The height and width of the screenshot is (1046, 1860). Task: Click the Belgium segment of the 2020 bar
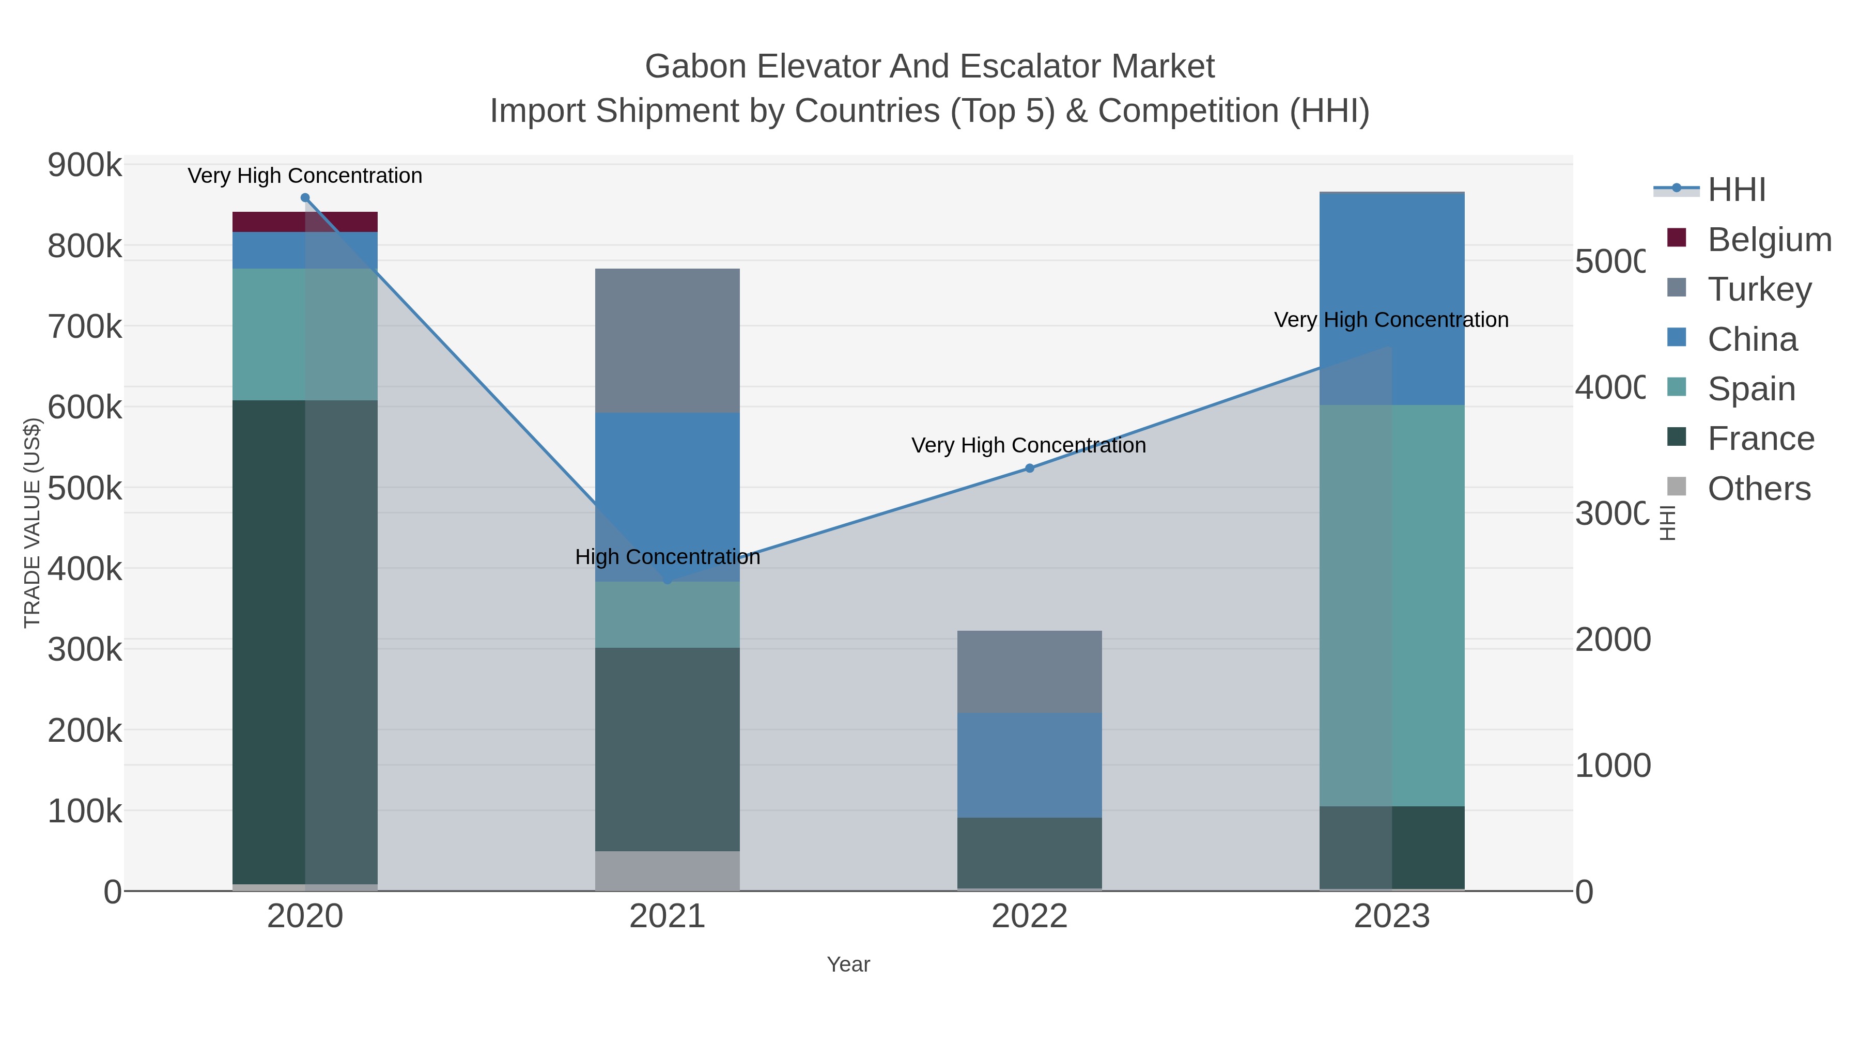coord(305,222)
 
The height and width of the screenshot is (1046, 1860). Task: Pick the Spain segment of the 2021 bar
coord(667,614)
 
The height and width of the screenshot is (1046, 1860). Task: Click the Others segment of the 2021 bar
coord(667,870)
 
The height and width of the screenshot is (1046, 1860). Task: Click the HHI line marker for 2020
coord(305,198)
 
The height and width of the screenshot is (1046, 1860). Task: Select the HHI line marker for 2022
coord(1030,469)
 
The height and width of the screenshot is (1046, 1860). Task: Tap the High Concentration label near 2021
coord(667,557)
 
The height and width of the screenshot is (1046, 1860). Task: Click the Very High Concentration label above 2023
coord(1391,320)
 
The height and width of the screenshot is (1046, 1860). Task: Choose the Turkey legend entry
coord(1759,289)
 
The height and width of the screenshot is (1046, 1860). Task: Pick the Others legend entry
coord(1758,489)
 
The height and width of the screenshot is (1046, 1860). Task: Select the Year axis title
coord(848,964)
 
